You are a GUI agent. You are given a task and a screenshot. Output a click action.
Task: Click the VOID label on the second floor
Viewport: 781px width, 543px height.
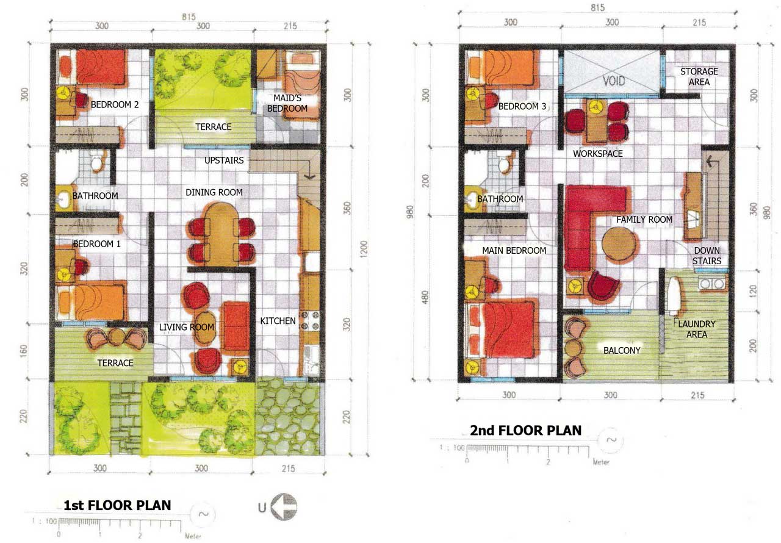click(614, 81)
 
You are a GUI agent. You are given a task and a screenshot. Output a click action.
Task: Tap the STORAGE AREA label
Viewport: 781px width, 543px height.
click(699, 77)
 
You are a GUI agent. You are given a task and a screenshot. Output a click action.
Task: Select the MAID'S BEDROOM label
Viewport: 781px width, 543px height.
click(287, 103)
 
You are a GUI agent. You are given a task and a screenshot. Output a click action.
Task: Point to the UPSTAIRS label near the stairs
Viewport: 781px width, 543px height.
click(224, 160)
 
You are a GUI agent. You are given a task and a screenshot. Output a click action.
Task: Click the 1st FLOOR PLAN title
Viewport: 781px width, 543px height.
click(117, 505)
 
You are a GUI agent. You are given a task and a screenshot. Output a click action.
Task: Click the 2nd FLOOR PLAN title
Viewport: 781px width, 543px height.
click(526, 430)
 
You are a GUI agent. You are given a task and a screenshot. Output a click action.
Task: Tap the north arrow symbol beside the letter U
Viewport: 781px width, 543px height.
click(284, 507)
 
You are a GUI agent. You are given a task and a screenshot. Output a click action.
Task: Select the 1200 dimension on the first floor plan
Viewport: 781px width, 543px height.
click(364, 249)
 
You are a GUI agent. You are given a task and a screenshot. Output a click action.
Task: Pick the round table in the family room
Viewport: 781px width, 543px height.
click(618, 244)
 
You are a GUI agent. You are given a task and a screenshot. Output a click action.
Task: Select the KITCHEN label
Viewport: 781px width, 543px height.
click(278, 321)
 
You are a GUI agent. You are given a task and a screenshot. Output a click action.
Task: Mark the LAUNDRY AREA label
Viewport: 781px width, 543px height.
click(697, 329)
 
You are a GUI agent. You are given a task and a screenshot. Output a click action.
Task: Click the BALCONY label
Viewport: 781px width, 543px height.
click(622, 350)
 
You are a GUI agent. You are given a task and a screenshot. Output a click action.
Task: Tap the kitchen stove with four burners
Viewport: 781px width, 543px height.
click(310, 321)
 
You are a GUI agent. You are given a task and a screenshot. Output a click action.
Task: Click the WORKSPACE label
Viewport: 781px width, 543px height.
click(597, 153)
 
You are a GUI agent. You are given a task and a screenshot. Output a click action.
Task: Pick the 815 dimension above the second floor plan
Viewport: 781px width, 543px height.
click(597, 7)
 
